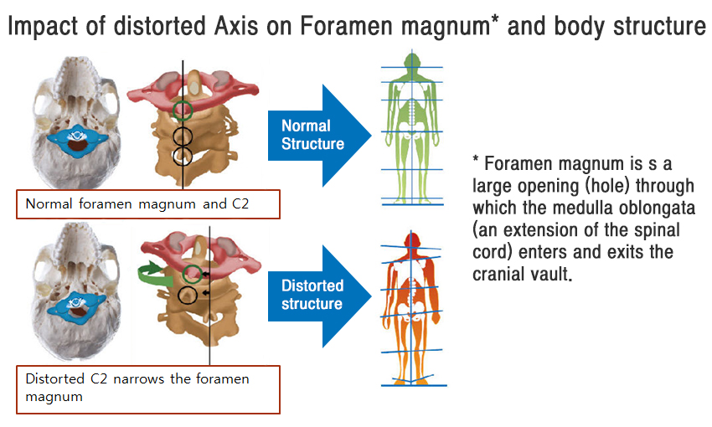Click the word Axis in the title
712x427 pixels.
click(236, 25)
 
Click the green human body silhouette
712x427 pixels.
click(412, 128)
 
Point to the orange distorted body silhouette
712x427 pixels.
click(411, 309)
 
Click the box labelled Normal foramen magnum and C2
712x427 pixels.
click(148, 204)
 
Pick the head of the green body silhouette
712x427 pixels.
click(412, 61)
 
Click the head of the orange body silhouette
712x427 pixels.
click(411, 241)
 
